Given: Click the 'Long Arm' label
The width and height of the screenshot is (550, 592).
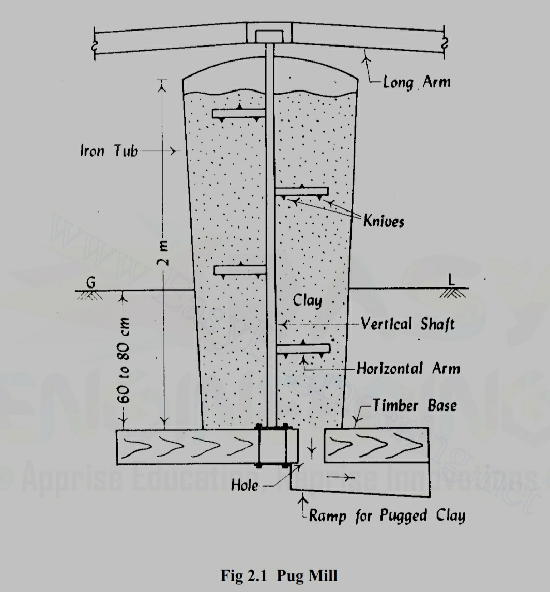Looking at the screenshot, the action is pos(416,82).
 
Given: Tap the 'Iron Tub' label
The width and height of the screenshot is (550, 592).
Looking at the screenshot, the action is pos(109,151).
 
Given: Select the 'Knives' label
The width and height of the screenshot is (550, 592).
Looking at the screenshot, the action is pos(384,221).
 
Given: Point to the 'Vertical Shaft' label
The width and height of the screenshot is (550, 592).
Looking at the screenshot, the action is pos(407,324).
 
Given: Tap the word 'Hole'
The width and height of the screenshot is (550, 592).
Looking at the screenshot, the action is pos(244,485).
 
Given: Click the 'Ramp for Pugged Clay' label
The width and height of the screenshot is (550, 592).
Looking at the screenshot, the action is pos(387,516).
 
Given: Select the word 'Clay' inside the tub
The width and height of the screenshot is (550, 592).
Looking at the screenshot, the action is pos(307,300).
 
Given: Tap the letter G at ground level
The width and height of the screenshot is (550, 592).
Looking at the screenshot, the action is pos(91,282).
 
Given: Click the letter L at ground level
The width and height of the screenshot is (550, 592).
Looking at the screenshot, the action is pos(451,280).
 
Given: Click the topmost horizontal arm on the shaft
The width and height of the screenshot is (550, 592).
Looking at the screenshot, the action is pos(238,113).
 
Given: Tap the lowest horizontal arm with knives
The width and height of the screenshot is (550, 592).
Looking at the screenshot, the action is pos(303,349).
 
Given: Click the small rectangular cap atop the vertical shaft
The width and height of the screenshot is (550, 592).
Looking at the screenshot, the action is pos(269,36).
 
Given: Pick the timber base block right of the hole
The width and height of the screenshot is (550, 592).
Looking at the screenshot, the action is pos(376,445).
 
